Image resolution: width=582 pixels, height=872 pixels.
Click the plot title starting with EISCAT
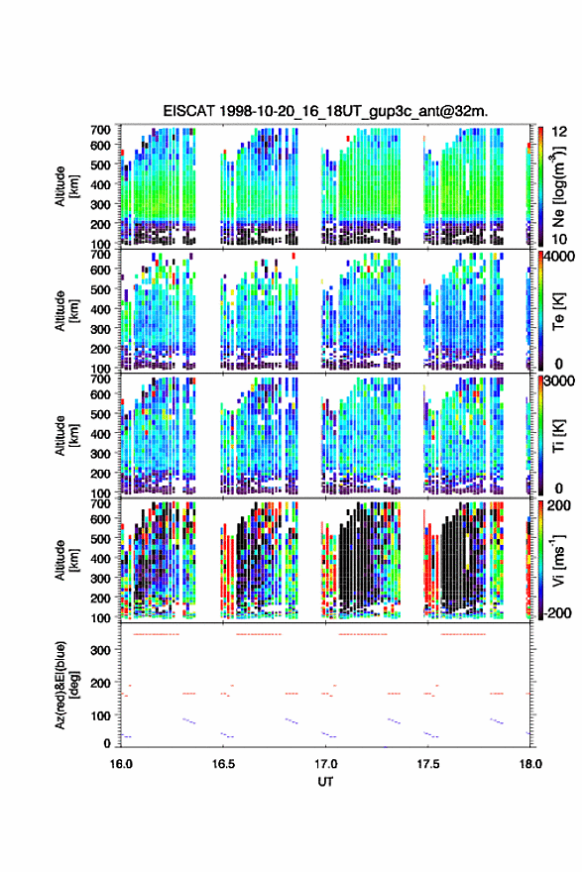(325, 111)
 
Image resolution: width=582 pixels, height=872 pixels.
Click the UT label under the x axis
(325, 782)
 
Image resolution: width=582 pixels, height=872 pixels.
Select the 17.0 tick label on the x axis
(325, 764)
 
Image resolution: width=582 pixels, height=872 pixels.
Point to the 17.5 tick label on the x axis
(428, 764)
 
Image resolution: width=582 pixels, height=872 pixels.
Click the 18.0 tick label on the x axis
(530, 764)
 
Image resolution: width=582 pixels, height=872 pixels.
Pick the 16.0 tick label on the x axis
(121, 764)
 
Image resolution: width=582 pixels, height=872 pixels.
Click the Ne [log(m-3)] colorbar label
(559, 186)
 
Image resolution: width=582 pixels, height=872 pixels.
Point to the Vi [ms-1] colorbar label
(558, 560)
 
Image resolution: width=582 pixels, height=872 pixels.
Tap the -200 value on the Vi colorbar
(557, 612)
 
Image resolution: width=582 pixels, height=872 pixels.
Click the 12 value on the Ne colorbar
(559, 132)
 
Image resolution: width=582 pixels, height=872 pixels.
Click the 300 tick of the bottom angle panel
(101, 651)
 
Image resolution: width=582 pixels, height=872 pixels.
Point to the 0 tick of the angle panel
(107, 743)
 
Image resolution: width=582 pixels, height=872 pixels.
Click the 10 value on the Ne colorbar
(559, 239)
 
